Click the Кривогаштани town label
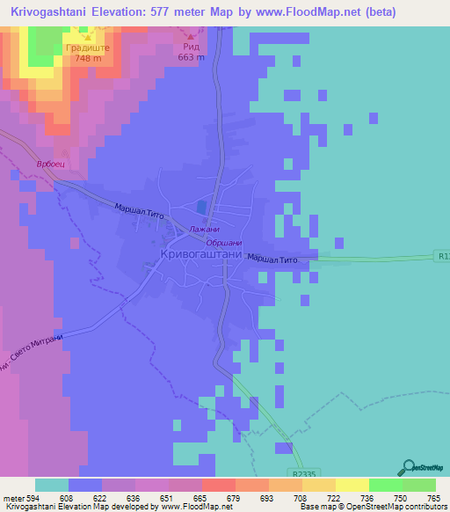[200, 254]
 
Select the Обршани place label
[223, 243]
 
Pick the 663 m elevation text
[192, 58]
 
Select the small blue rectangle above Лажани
[203, 207]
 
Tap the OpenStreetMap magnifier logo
[408, 468]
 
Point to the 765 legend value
[432, 497]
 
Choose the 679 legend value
[232, 497]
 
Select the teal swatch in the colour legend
[52, 485]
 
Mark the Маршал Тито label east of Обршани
[273, 260]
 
